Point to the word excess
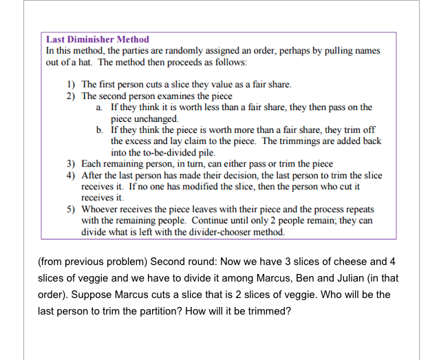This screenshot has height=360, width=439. point(126,140)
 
